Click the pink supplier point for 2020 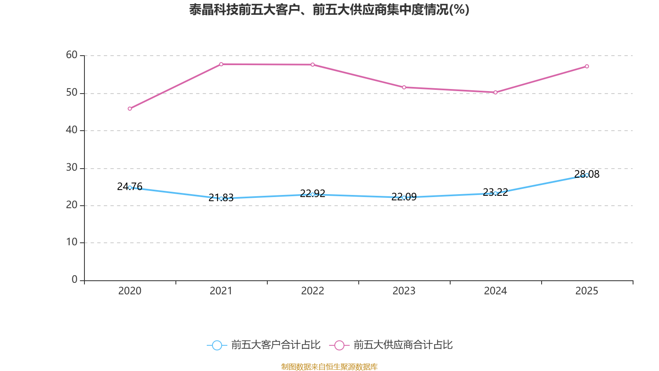click(x=130, y=109)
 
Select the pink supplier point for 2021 click(x=221, y=64)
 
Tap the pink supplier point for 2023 click(x=404, y=87)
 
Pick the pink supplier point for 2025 click(x=587, y=66)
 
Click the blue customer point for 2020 click(x=130, y=188)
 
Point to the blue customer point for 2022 click(x=313, y=195)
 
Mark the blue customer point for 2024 click(x=495, y=193)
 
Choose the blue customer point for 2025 click(x=587, y=175)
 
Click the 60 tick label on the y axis click(x=72, y=55)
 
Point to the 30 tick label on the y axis click(x=72, y=167)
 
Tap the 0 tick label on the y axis click(x=75, y=279)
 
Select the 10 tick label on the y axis click(x=72, y=242)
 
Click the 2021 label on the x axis click(x=221, y=291)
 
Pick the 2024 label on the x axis click(x=495, y=291)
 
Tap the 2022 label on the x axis click(x=313, y=291)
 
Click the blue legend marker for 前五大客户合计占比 click(x=217, y=345)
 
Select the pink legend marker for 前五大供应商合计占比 click(x=339, y=345)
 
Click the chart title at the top click(x=329, y=9)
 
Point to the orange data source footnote click(x=329, y=366)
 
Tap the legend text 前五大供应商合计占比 click(x=403, y=345)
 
